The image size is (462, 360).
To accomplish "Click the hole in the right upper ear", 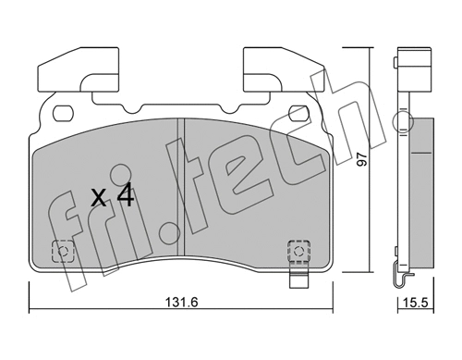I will (x=298, y=113).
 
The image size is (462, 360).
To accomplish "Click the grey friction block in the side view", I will (x=422, y=185).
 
